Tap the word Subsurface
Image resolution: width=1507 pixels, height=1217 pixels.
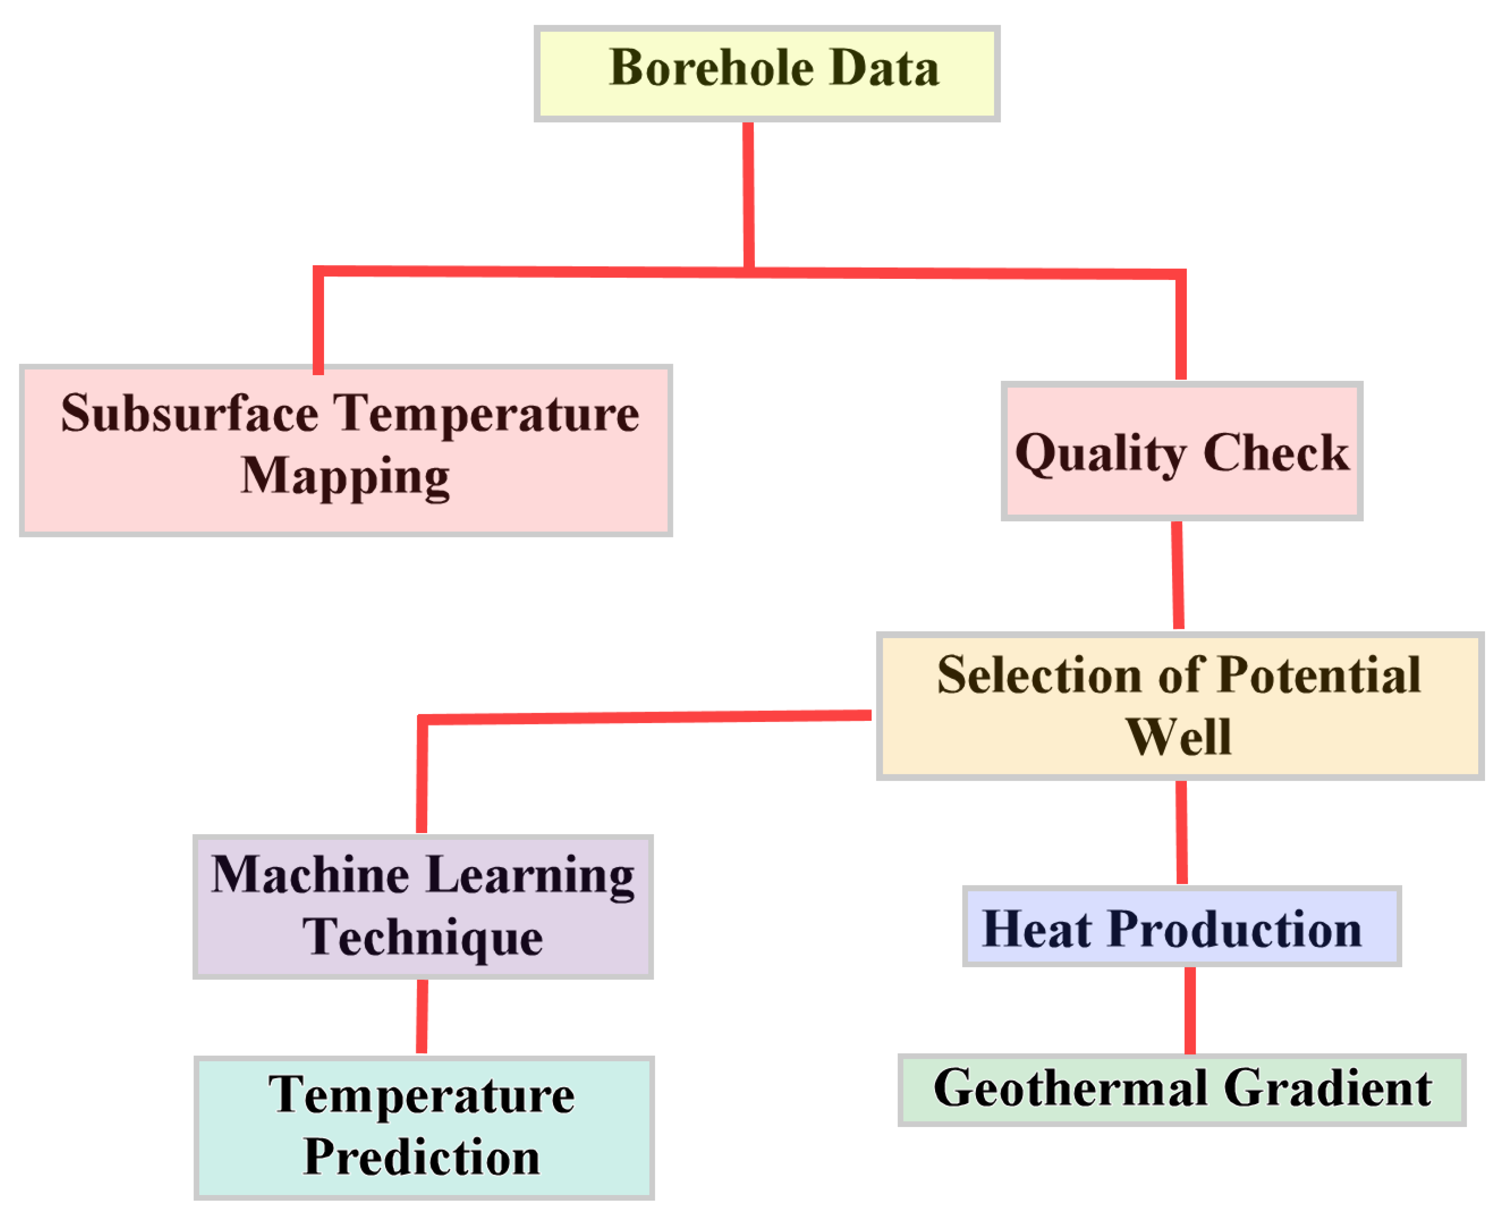[x=189, y=414]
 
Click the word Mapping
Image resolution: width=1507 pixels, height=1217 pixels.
[x=345, y=477]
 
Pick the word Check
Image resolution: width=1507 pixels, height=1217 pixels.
[x=1276, y=453]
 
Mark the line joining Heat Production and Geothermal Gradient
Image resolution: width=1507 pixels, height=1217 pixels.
[x=1190, y=1010]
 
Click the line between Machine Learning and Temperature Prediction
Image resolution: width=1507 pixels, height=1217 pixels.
[x=422, y=1016]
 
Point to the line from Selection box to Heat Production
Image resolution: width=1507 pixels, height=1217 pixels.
[x=1182, y=832]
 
